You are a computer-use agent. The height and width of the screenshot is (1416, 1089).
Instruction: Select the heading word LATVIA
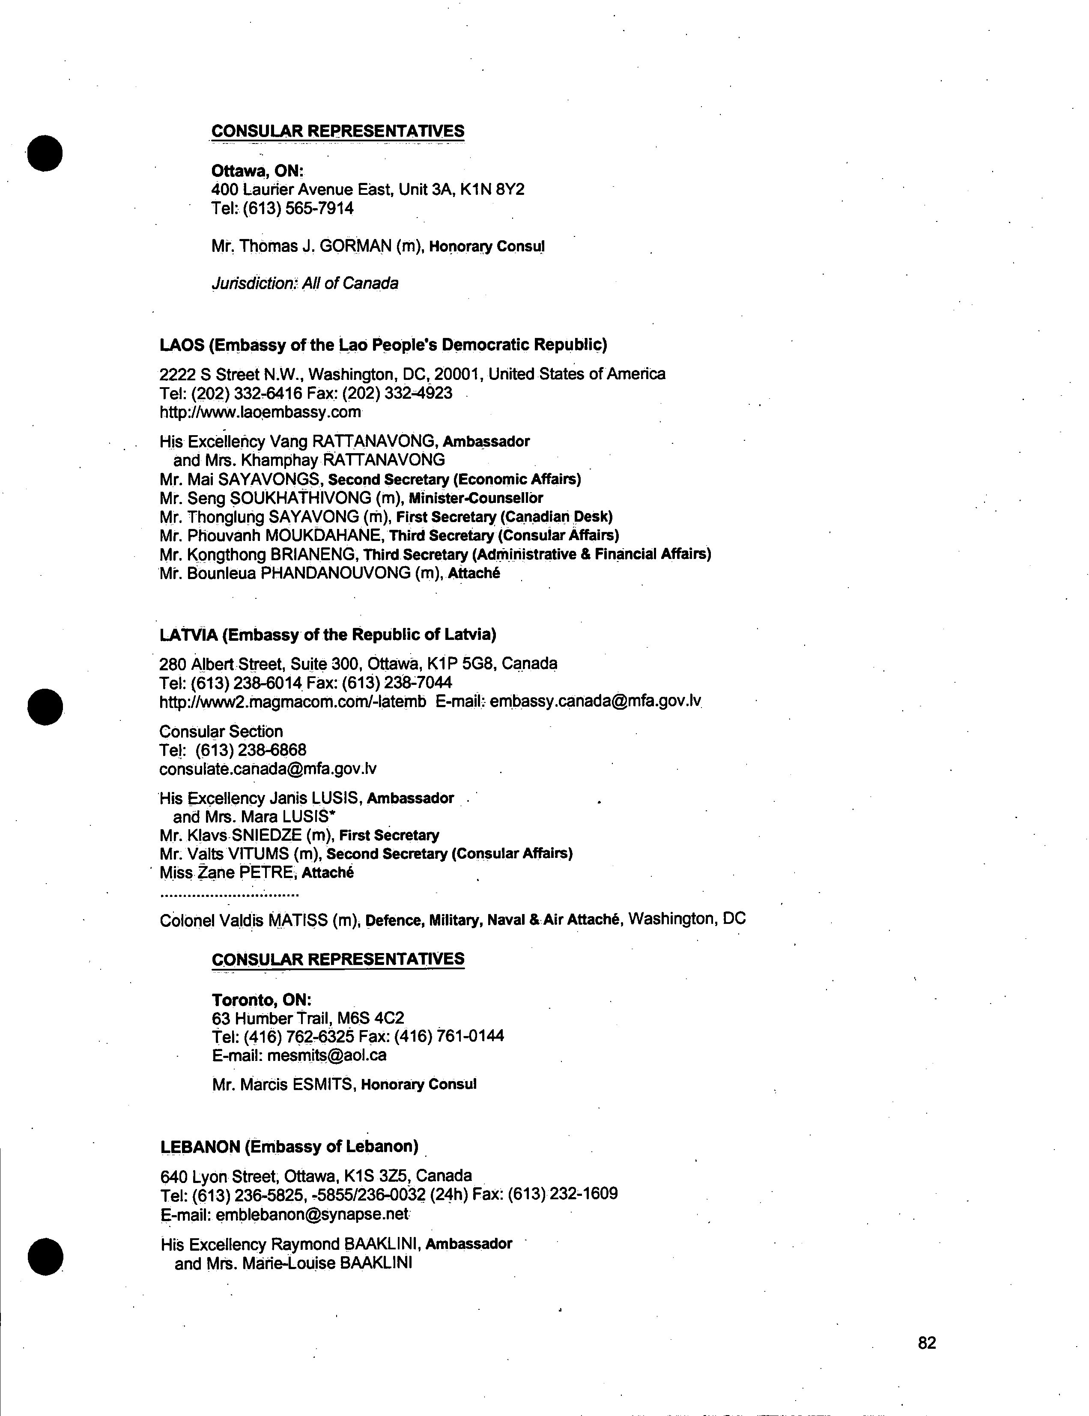click(x=188, y=634)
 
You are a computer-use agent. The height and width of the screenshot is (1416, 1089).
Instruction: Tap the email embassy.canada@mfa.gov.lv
click(x=595, y=702)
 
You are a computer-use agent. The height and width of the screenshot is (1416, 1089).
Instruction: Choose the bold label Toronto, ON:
click(x=261, y=1000)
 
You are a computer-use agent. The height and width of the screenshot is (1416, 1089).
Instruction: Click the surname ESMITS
click(x=322, y=1084)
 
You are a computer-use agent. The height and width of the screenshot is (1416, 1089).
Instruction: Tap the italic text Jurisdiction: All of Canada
click(x=304, y=284)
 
